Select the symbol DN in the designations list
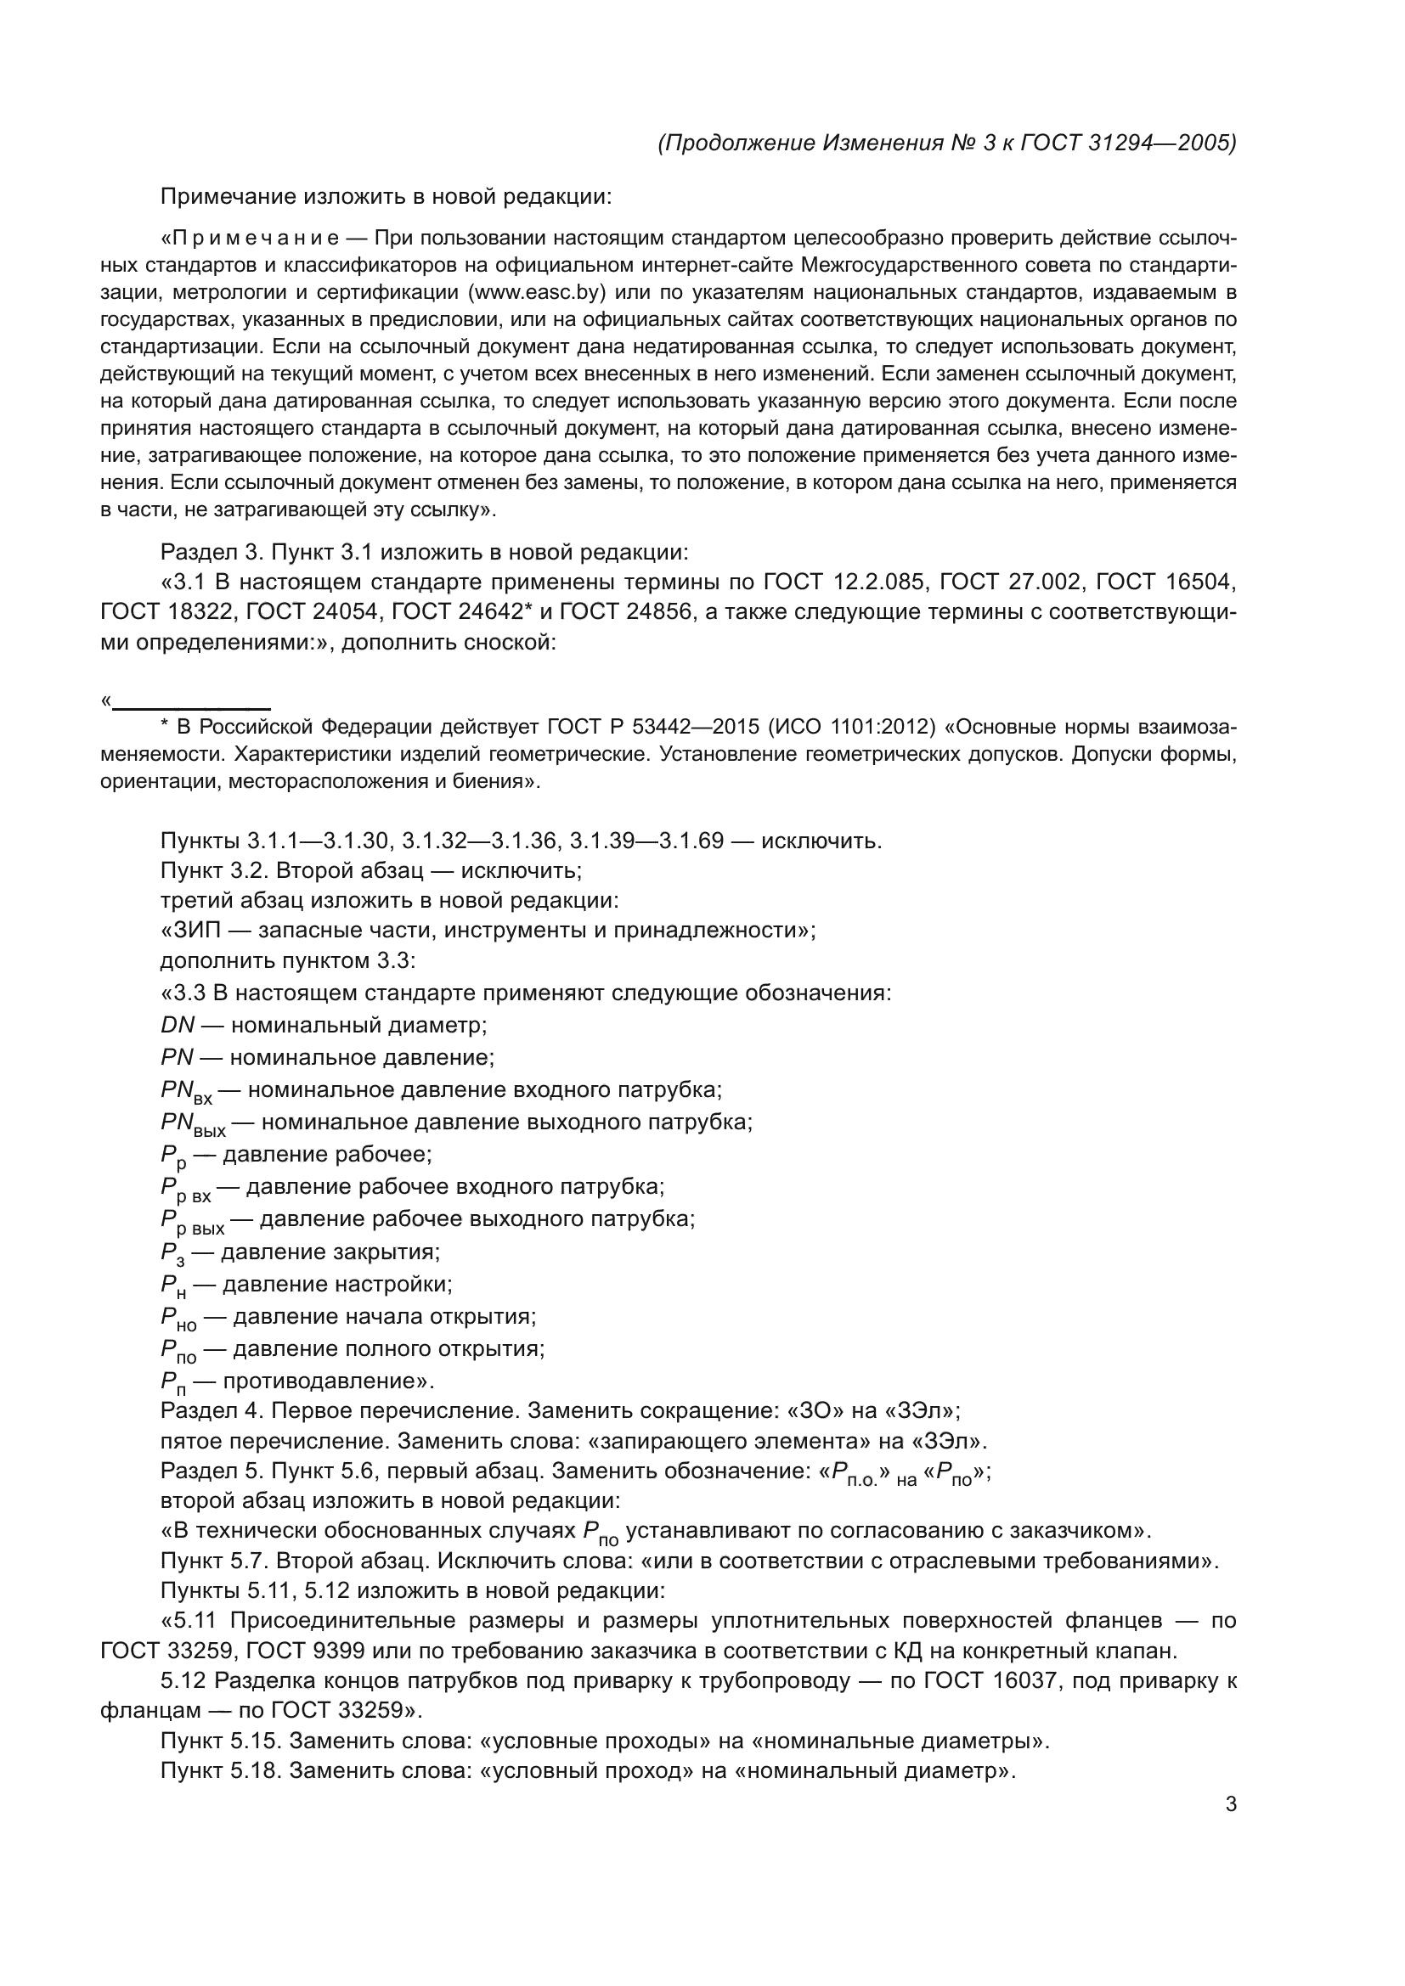pyautogui.click(x=178, y=1026)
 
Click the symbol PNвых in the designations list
pyautogui.click(x=193, y=1124)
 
